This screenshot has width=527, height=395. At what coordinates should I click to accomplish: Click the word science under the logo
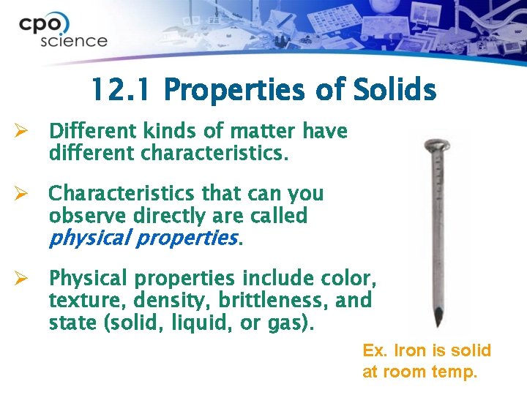tap(74, 41)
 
